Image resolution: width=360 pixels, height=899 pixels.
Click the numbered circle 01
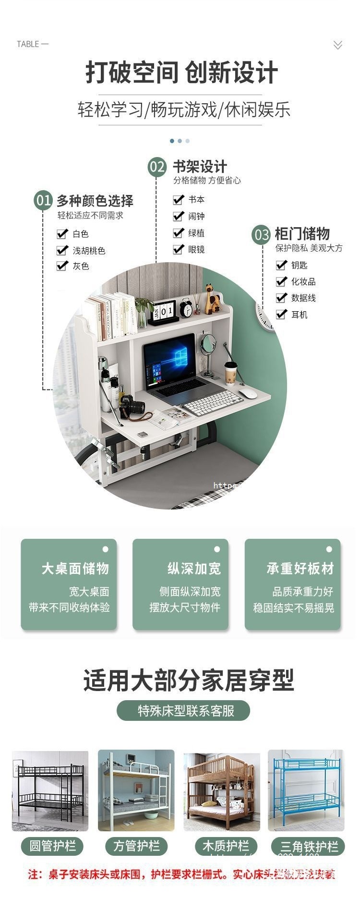tap(43, 200)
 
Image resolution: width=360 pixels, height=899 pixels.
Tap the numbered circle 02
tap(157, 167)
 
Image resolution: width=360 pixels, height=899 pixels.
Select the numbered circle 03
tap(262, 235)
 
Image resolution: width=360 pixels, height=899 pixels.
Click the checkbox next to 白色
tap(62, 234)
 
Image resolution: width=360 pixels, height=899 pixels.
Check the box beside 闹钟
tap(179, 216)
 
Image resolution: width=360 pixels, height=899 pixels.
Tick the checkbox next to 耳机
tap(281, 314)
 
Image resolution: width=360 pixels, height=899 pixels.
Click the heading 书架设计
tap(199, 167)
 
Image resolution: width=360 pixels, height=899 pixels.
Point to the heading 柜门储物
tap(302, 234)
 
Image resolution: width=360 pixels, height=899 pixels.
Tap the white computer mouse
tap(248, 394)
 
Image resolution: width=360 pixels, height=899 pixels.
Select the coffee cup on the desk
tap(231, 373)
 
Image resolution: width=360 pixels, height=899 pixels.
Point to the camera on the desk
tap(132, 406)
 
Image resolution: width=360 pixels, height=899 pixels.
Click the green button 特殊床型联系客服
tap(183, 710)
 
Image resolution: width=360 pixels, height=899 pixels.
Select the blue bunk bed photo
tap(306, 790)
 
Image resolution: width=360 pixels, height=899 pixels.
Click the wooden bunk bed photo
tap(221, 790)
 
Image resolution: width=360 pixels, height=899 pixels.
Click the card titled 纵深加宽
tap(180, 584)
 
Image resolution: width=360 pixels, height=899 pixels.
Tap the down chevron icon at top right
tap(338, 45)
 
